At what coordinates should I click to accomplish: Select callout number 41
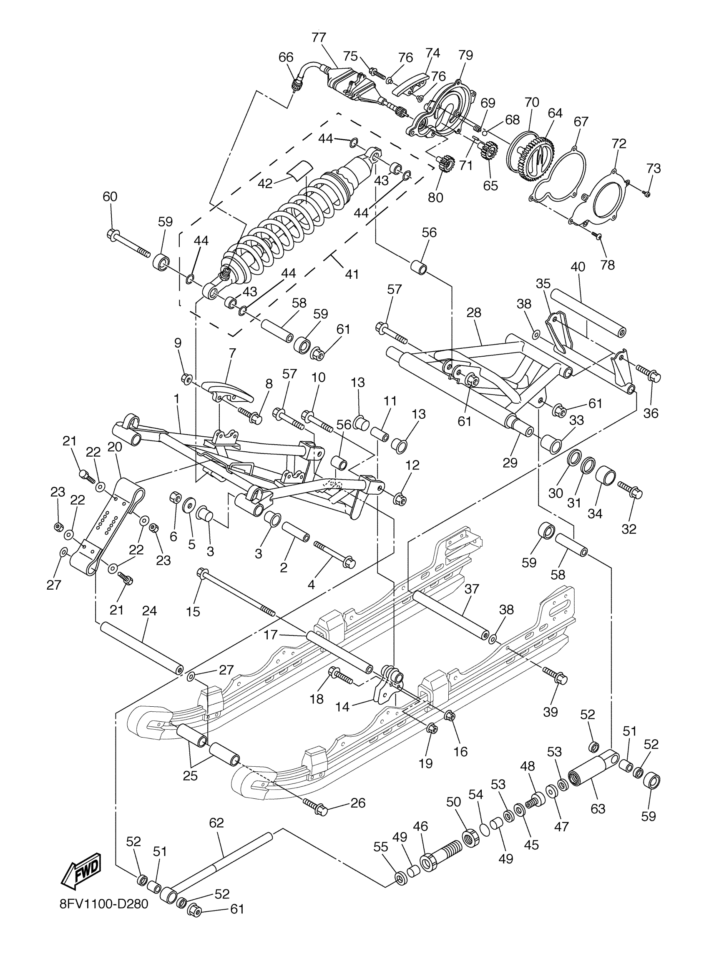352,274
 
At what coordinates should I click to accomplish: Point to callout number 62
216,823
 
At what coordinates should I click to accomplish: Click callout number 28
473,313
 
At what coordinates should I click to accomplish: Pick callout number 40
577,267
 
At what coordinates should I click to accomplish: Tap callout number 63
598,808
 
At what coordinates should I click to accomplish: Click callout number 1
176,399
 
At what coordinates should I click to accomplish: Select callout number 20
115,447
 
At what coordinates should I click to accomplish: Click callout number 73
654,169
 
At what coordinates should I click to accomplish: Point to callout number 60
110,197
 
